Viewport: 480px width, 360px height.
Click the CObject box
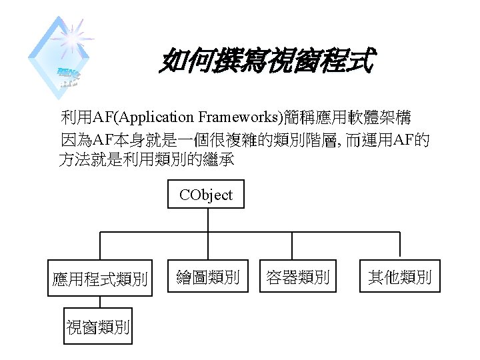206,195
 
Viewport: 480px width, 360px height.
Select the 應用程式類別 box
100,277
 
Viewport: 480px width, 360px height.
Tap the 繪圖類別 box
207,277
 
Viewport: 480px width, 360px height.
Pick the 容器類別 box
297,277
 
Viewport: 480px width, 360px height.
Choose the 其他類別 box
399,277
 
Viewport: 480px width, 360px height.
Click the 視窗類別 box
98,326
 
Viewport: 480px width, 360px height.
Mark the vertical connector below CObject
207,220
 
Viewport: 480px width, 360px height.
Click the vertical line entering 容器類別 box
297,246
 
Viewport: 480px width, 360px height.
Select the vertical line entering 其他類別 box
399,246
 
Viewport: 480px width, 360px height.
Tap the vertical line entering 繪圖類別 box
207,246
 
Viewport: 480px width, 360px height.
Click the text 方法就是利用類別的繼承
147,161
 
